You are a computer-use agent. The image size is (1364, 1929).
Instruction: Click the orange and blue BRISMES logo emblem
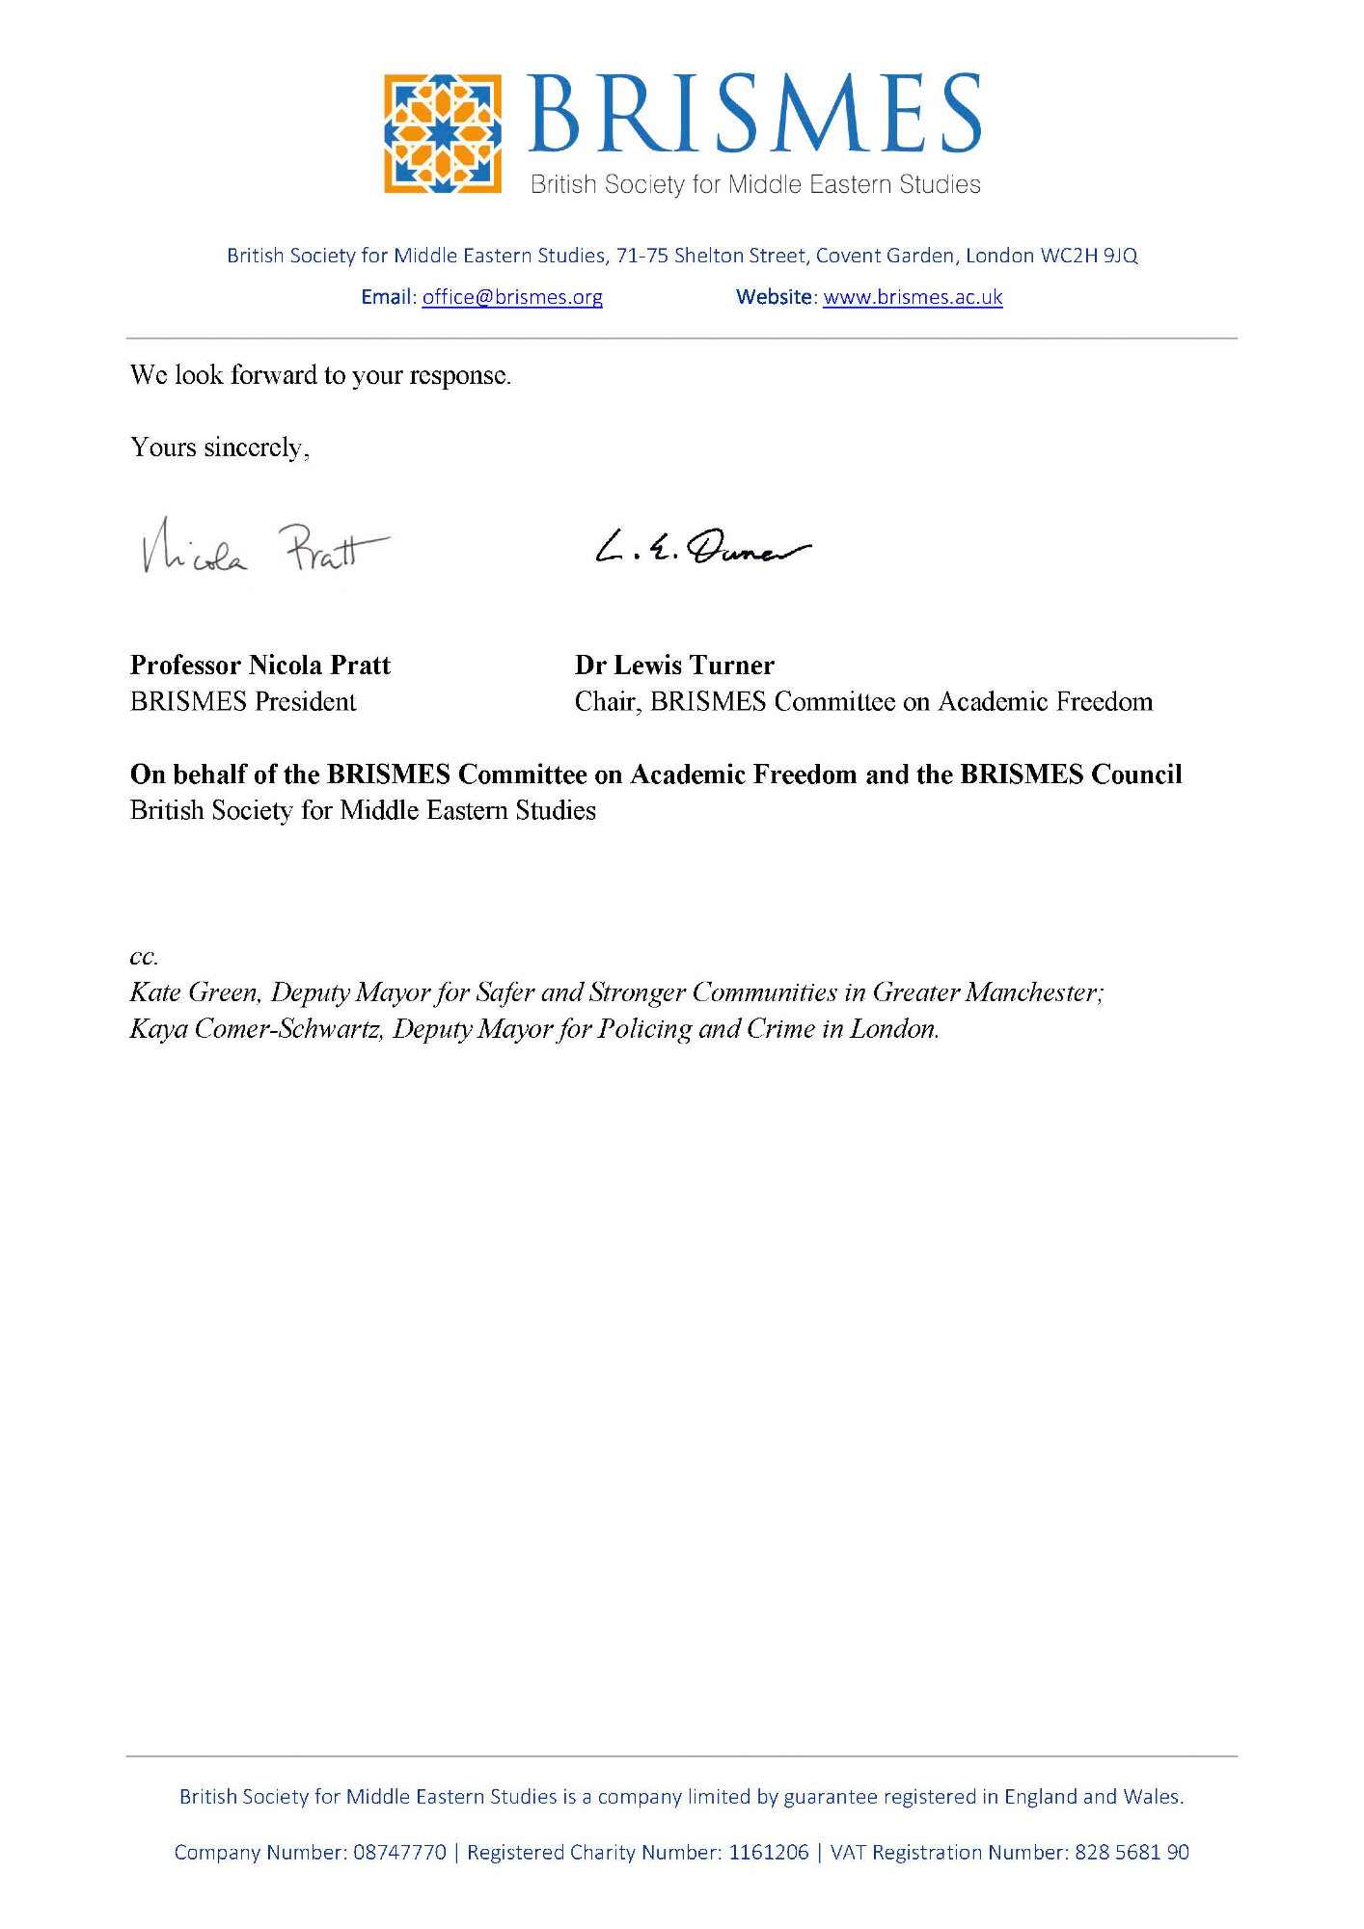(x=442, y=133)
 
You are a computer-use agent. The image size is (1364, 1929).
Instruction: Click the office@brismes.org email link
(x=512, y=297)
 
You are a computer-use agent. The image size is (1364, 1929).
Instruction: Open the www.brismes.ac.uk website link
(x=913, y=297)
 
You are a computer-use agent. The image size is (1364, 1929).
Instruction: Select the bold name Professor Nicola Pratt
(x=260, y=666)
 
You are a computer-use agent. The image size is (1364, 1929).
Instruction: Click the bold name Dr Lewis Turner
(x=674, y=666)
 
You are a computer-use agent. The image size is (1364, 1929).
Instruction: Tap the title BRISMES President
(x=243, y=701)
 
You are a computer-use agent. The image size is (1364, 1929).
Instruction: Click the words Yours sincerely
(x=219, y=448)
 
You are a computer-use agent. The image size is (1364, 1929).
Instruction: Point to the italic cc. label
(x=144, y=957)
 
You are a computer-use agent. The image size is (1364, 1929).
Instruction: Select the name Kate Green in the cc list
(x=195, y=992)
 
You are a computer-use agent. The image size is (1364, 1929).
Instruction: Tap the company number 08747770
(x=400, y=1852)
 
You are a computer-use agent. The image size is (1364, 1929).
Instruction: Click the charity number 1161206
(x=769, y=1852)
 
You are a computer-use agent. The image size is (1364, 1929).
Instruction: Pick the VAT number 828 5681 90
(x=1132, y=1852)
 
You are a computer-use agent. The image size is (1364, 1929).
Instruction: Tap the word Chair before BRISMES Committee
(x=607, y=701)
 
